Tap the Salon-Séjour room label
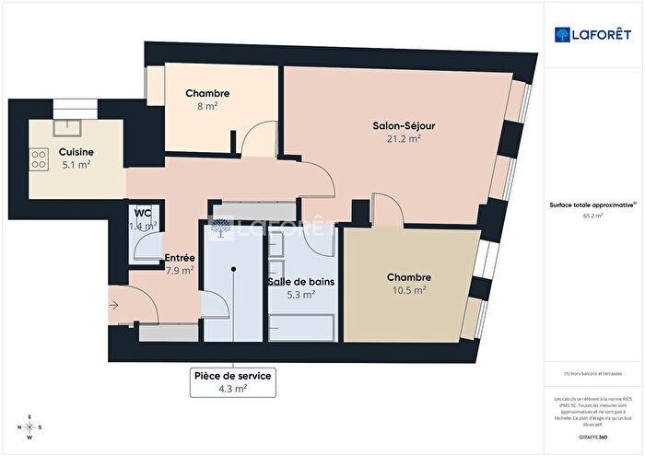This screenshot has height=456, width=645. point(397,125)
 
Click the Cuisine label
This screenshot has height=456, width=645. point(76,152)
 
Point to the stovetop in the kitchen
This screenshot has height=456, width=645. point(40,160)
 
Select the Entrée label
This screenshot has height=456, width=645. point(179,258)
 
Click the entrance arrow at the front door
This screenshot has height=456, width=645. point(113,302)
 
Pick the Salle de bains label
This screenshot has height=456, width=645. point(299,281)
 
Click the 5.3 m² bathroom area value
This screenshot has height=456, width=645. point(301,295)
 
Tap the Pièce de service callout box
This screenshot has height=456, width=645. point(233,381)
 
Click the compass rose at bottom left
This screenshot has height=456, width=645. point(29,427)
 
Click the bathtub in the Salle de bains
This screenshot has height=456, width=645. point(302,325)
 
